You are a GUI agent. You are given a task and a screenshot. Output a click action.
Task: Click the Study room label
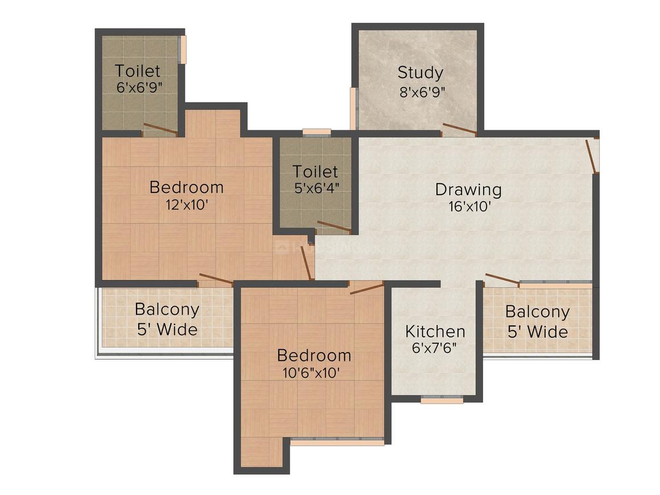point(420,73)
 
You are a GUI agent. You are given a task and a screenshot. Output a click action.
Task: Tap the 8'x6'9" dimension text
point(422,92)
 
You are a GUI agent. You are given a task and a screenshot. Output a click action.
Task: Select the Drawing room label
point(468,189)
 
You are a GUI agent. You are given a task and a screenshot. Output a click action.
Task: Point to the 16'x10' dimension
point(470,207)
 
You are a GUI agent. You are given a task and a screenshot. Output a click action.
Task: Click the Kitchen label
point(435,332)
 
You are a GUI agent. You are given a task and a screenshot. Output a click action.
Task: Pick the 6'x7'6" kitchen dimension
point(435,349)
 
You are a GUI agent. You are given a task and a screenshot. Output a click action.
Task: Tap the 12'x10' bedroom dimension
point(187,205)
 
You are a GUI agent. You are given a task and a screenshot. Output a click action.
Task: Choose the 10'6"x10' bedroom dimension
point(311,373)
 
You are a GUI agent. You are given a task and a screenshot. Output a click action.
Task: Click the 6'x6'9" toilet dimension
point(139,88)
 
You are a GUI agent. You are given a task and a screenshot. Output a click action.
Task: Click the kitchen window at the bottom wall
point(442,400)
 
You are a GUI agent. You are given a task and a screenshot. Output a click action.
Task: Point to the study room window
point(354,109)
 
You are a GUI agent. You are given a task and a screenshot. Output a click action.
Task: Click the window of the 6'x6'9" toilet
point(183,49)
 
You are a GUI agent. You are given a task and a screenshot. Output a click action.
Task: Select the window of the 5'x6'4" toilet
point(316,133)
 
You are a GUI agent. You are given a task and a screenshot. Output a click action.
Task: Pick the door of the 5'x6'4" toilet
point(334,226)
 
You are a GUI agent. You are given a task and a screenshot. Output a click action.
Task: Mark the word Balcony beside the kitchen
point(538,312)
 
